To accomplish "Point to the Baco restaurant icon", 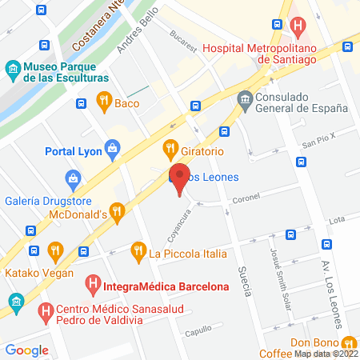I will tap(103, 101).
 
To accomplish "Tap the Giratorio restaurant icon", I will tap(170, 148).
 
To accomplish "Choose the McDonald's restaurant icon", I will tap(118, 213).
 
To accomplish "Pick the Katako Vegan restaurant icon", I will tap(54, 250).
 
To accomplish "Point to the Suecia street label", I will tap(246, 281).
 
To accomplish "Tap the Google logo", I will tap(26, 350).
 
